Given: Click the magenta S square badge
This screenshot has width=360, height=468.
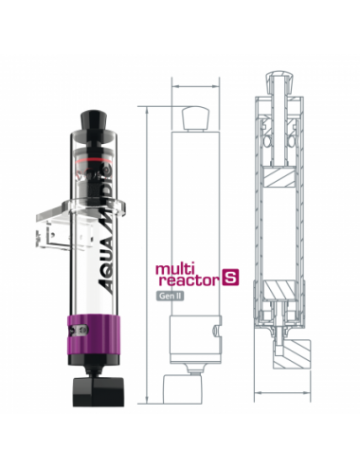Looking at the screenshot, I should point(227,278).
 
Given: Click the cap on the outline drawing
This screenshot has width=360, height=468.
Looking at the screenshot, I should point(194,116).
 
